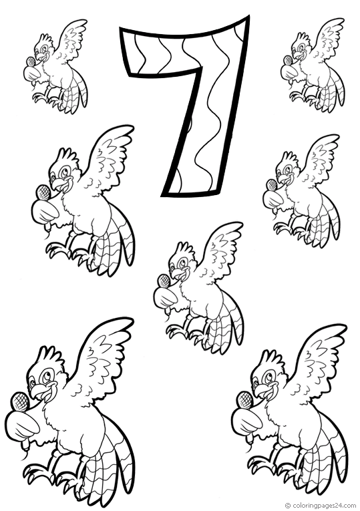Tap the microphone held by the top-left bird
tap(30, 61)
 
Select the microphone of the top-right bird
tap(288, 61)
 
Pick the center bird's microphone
tap(164, 281)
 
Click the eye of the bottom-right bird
tap(268, 379)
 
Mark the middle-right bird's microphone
tap(271, 186)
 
